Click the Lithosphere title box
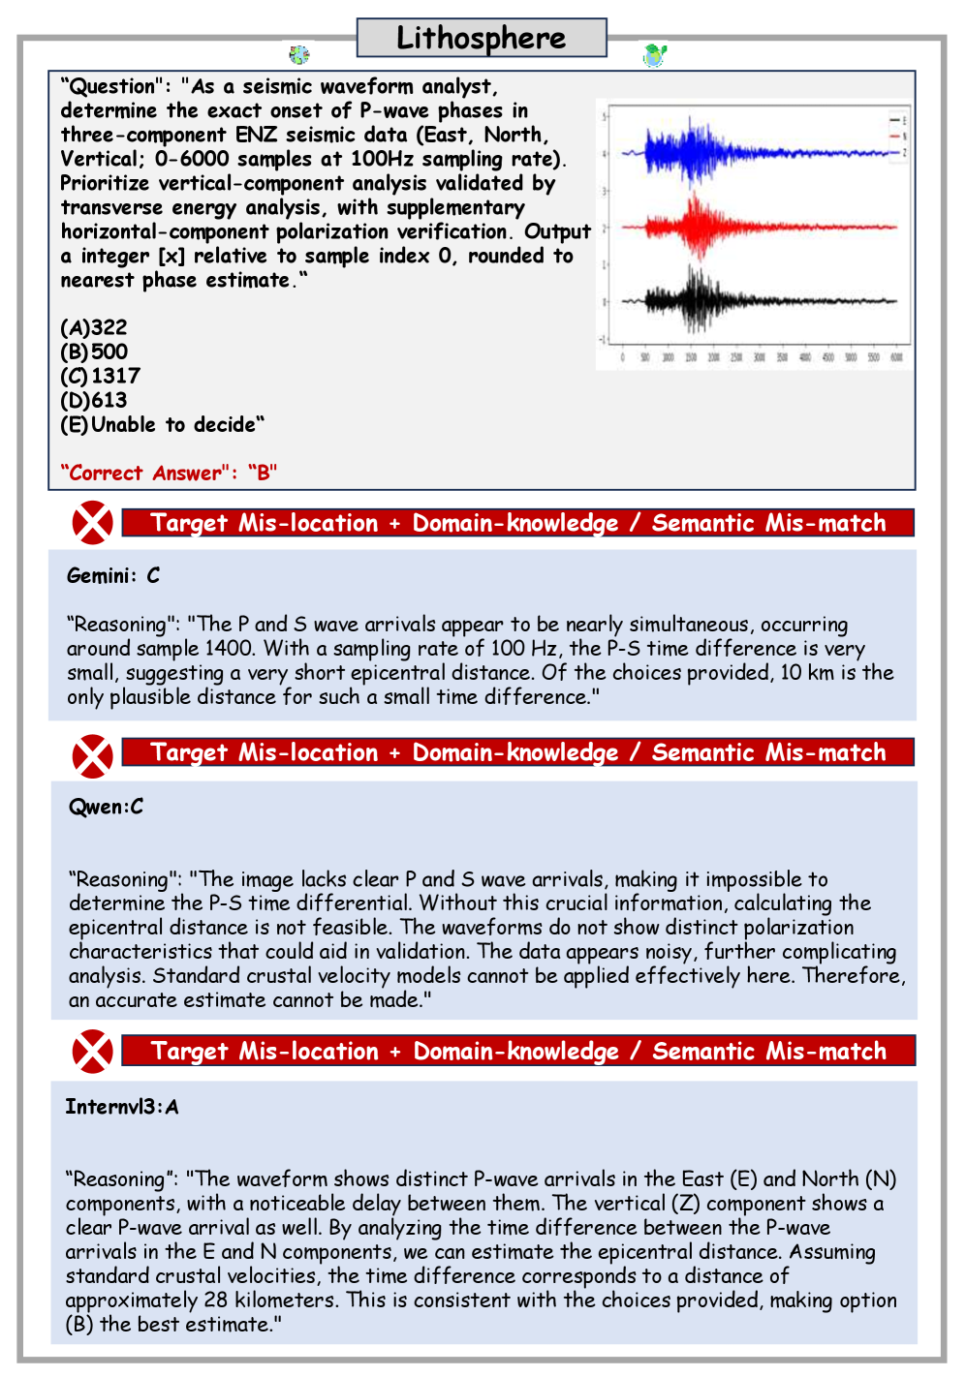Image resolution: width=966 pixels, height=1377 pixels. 482,38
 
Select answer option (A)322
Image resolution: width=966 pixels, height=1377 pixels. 94,327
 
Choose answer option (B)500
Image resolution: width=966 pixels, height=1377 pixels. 94,352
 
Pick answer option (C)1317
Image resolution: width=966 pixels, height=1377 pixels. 101,376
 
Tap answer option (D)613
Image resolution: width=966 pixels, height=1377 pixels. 94,400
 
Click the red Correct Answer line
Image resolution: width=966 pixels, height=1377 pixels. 169,473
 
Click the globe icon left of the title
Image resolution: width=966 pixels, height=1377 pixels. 299,54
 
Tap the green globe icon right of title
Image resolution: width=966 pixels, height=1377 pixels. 655,54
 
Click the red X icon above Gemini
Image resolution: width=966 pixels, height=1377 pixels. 92,523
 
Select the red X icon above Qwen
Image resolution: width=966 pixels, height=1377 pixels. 92,755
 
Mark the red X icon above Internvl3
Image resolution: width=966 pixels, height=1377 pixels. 92,1052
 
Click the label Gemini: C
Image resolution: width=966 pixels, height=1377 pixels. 113,576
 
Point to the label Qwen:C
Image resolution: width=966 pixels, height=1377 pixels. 106,807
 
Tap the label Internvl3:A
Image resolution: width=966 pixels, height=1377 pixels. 122,1107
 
